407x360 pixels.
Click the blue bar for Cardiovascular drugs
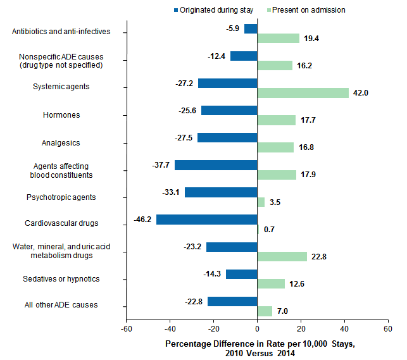tap(206, 220)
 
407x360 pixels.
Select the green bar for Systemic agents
tap(303, 92)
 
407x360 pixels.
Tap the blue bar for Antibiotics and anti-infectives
tap(251, 28)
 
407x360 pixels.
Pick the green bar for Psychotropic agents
tap(261, 202)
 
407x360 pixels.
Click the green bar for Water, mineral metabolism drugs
tap(282, 256)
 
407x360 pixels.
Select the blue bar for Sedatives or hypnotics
tap(241, 274)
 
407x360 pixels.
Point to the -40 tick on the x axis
tap(170, 329)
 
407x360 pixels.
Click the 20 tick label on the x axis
tap(301, 329)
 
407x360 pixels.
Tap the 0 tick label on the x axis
tap(257, 329)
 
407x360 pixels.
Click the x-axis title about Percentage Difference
tap(260, 347)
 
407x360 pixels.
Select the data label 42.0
tap(360, 92)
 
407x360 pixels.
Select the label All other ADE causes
tap(61, 305)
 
